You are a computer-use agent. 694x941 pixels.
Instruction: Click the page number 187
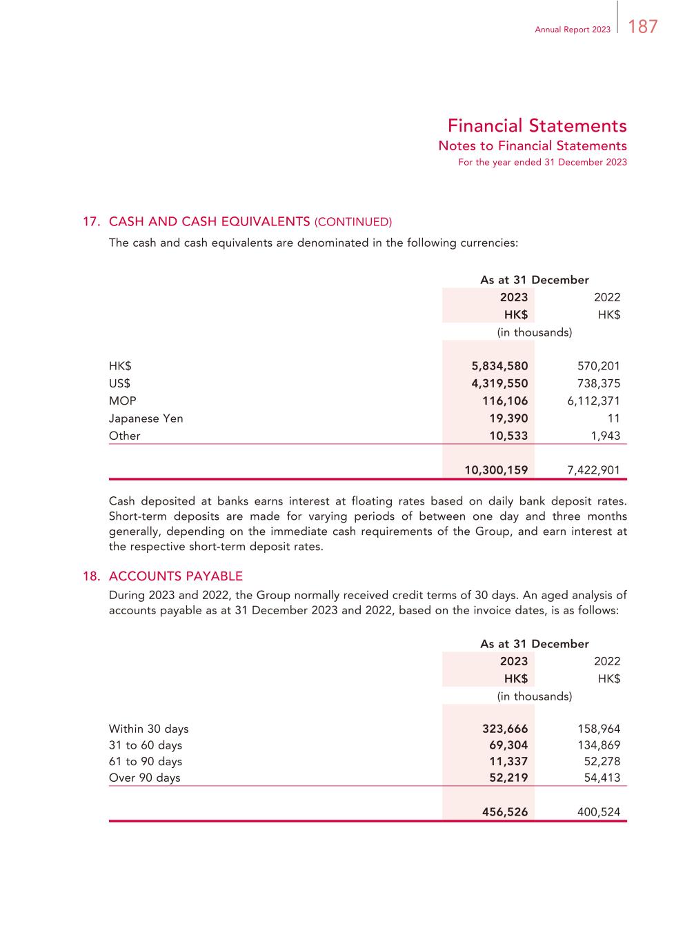coord(643,27)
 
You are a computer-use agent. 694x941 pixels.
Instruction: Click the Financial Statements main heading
coord(537,125)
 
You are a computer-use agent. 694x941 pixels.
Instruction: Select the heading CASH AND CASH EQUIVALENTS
coord(209,221)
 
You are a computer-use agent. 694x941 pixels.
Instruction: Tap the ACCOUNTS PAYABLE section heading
coord(175,576)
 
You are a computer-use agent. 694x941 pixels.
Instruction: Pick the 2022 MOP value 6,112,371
coord(593,401)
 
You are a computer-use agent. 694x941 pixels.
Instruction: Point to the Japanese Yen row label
coord(146,418)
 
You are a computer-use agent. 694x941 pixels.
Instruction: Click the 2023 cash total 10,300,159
coord(496,470)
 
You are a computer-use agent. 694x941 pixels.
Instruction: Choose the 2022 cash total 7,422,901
coord(593,470)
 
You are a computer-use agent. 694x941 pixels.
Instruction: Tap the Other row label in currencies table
coord(124,436)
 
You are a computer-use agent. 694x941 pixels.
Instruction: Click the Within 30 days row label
coord(148,729)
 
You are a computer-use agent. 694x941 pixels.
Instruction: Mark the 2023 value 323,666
coord(505,729)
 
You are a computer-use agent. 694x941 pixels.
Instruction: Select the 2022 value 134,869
coord(598,745)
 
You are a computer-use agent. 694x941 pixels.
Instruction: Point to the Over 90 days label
coord(144,778)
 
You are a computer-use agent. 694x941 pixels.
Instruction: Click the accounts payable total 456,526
coord(505,812)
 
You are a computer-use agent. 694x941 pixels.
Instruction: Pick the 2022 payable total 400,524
coord(598,812)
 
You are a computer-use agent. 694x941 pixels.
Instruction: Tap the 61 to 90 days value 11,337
coord(508,761)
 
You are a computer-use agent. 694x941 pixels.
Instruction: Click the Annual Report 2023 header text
coord(573,30)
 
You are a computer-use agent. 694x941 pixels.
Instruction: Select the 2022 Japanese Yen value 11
coord(614,418)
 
